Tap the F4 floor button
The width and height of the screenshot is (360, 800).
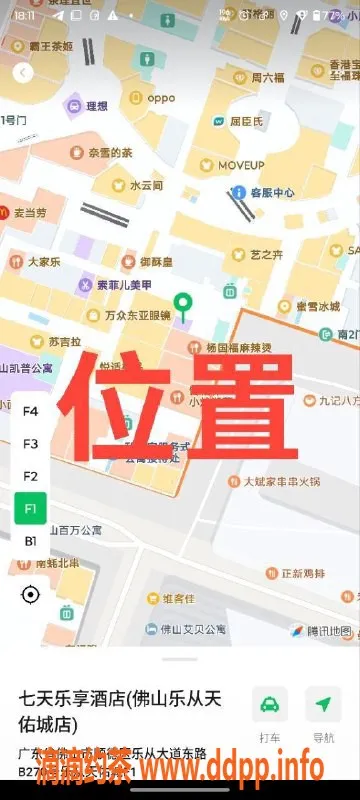(30, 411)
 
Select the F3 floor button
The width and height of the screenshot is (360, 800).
(30, 443)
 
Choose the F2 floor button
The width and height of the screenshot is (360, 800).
(30, 476)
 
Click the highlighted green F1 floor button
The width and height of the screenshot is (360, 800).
(30, 509)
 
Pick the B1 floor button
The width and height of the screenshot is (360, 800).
(30, 541)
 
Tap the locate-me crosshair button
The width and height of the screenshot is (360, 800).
(30, 595)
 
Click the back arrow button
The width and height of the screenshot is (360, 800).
(23, 72)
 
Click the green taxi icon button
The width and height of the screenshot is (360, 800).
(269, 704)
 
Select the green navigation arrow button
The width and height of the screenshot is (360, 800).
(323, 704)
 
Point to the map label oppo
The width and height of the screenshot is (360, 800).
(161, 98)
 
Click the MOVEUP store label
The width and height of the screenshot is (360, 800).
(241, 164)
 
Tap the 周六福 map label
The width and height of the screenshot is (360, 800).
(267, 76)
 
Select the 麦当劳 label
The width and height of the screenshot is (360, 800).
(29, 213)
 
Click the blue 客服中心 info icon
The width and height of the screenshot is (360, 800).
(238, 192)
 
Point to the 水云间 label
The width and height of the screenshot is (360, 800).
(145, 186)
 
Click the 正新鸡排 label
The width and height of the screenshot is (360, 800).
(303, 574)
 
